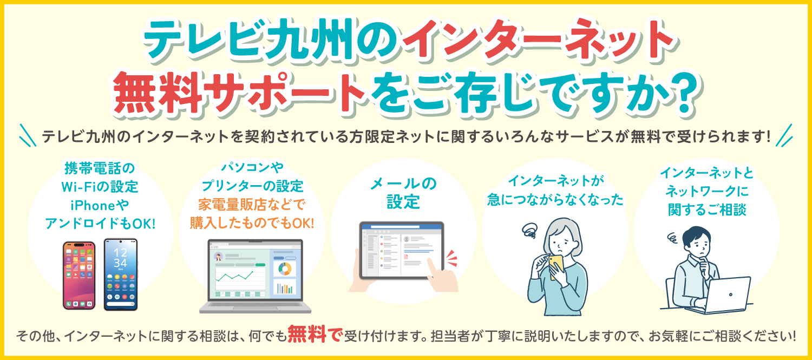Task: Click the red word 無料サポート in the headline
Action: point(239,93)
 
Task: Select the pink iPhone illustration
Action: point(79,276)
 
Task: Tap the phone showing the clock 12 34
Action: point(121,274)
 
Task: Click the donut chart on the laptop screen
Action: point(285,269)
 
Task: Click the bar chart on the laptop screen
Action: point(285,288)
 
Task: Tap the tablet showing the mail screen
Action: point(402,251)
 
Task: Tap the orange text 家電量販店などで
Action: point(252,205)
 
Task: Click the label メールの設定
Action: point(403,193)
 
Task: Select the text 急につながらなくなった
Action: point(555,200)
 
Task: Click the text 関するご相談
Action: point(707,210)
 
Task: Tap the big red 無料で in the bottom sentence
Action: point(315,334)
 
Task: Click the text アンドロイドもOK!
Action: point(100,224)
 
